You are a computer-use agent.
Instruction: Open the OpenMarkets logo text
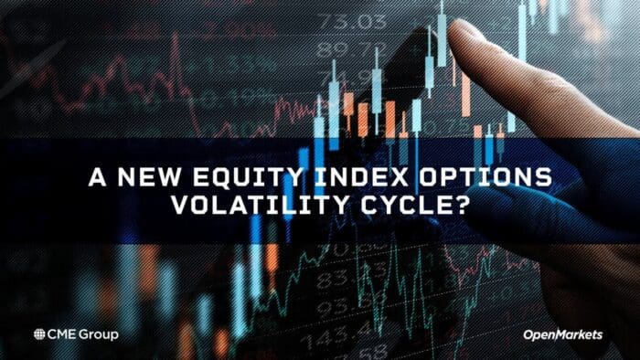coord(562,335)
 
